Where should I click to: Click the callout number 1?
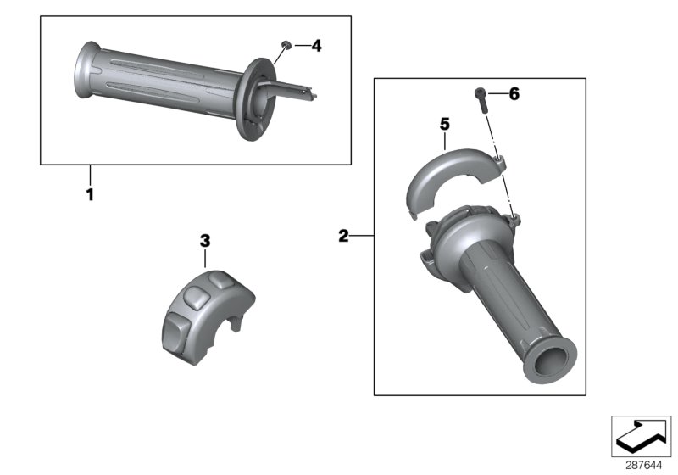pos(90,194)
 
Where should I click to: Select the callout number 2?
pos(343,236)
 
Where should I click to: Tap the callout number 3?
pos(204,241)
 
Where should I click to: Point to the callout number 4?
pos(316,46)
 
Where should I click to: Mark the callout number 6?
pos(513,94)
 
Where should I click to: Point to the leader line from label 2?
pos(362,236)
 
